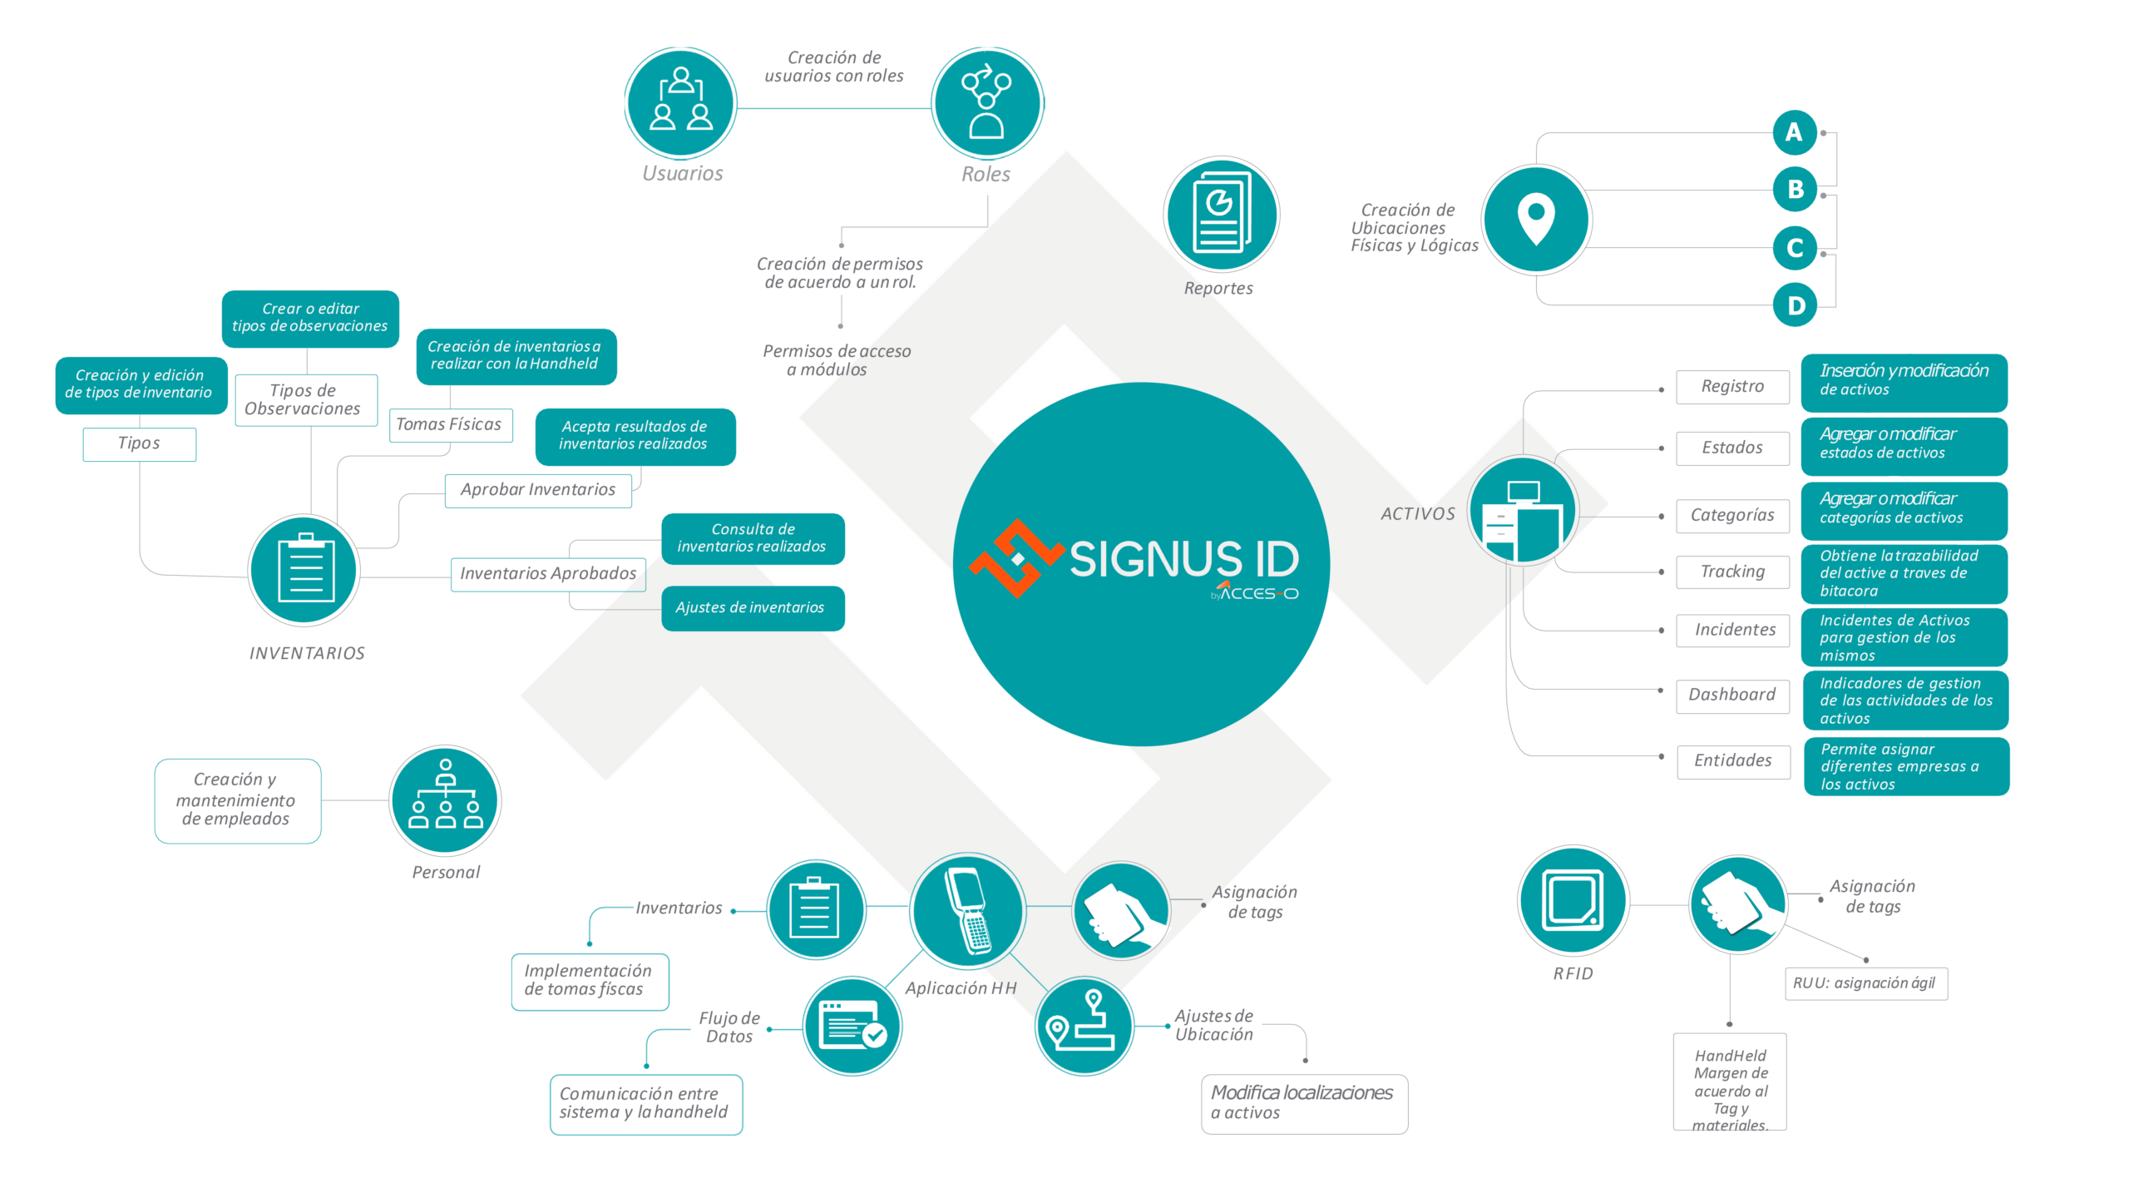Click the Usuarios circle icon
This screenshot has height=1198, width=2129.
point(680,103)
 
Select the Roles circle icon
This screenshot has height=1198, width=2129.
point(986,103)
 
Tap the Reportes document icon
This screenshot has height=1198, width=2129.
point(1221,214)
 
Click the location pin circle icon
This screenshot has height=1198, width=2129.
point(1536,220)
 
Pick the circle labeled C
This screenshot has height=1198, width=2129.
point(1794,248)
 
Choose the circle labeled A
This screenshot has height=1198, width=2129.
point(1794,132)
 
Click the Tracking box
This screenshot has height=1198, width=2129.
point(1732,572)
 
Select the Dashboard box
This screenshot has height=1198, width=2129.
point(1732,695)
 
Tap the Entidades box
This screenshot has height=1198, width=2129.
point(1733,760)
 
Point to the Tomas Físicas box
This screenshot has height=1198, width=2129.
point(450,424)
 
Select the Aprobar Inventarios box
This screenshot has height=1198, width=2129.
point(538,490)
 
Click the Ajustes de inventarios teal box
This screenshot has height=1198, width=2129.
point(752,608)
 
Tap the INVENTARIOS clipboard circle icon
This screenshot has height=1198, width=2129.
point(304,571)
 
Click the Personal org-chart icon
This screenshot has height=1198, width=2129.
point(446,800)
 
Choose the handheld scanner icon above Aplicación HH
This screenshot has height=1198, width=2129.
point(967,910)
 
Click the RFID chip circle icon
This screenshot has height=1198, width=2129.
point(1573,900)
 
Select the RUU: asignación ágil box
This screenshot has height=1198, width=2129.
point(1865,983)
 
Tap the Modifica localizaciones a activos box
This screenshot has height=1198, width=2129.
point(1303,1103)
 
